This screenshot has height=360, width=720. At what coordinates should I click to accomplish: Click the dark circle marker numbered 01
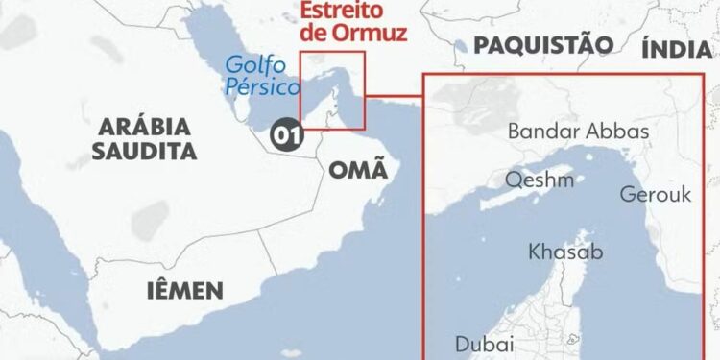(x=284, y=135)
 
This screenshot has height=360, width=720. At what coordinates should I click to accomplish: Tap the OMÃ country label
(x=358, y=171)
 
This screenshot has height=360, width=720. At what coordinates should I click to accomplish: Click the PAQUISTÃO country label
(x=542, y=44)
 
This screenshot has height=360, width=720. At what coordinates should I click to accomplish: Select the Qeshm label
(x=540, y=180)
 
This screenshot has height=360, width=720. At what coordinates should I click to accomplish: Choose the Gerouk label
(x=655, y=194)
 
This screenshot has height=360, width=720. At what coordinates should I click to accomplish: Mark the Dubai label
(x=485, y=343)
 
